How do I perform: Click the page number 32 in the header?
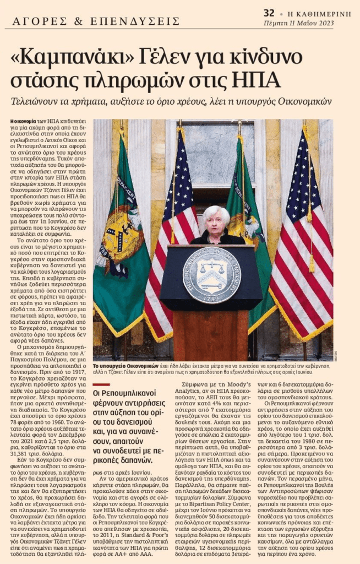pos(269,12)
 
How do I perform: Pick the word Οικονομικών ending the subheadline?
pos(304,101)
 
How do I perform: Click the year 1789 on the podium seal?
pos(211,299)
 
